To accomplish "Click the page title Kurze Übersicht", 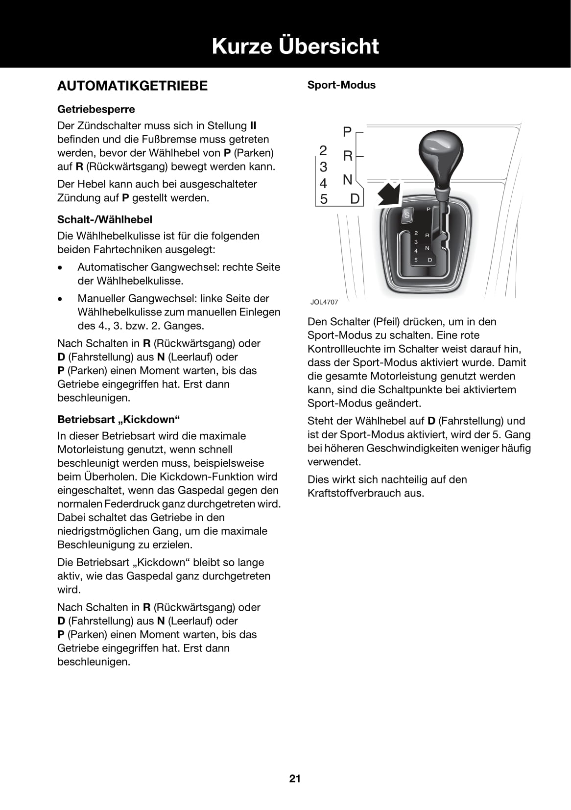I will pos(295,46).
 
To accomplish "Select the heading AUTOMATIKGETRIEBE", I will pos(132,86).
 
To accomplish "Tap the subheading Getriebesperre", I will pos(96,109).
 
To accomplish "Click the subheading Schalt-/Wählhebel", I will pos(105,219).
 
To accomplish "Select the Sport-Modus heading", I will pos(341,85).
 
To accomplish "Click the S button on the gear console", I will pos(406,214).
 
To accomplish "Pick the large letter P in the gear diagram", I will pos(347,132).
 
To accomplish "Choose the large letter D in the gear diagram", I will pos(355,198).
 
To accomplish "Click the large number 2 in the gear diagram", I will pos(323,150).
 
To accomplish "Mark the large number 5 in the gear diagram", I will pos(324,199).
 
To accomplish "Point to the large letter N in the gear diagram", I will pos(347,180).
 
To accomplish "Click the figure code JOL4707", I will pos(324,302).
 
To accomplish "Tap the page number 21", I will pos(295,779).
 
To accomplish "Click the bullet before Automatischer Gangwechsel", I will pos(60,268).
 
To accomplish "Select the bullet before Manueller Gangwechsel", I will pos(60,299).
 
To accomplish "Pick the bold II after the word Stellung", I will pos(253,125).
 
